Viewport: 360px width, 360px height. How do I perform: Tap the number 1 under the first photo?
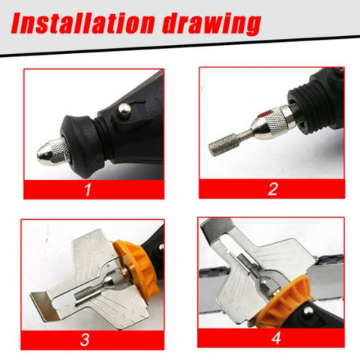coord(89,187)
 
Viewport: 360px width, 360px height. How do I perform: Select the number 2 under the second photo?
coord(272,187)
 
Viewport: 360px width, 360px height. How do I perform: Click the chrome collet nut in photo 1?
coord(54,152)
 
